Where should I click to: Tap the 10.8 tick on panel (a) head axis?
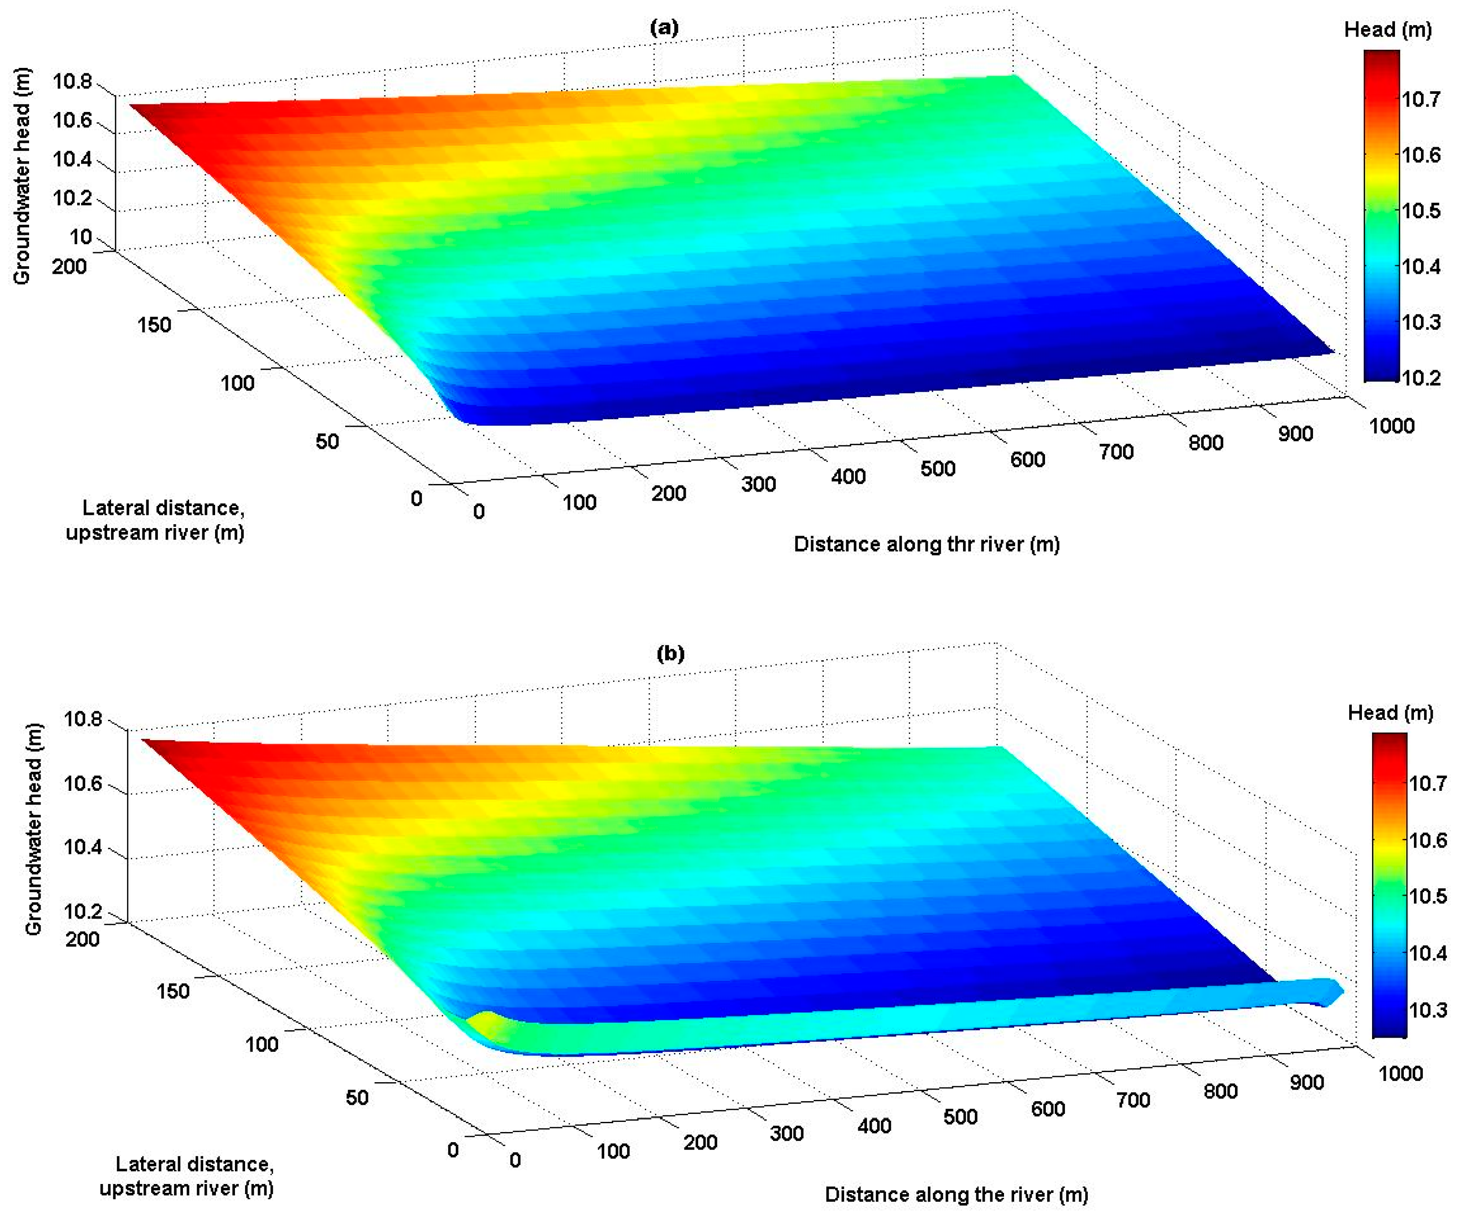coord(72,82)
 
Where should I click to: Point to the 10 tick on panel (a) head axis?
coord(81,237)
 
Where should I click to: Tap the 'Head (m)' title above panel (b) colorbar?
coord(1390,712)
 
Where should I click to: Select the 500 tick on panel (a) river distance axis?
coord(937,468)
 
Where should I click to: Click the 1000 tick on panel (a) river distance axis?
coord(1391,426)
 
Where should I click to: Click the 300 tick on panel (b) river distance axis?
coord(787,1133)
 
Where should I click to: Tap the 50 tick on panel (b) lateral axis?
coord(357,1097)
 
